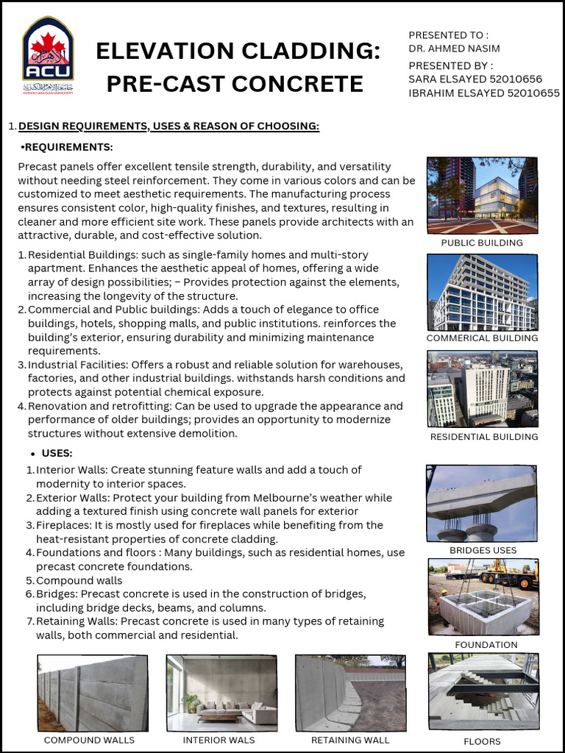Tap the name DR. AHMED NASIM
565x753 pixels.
pyautogui.click(x=454, y=49)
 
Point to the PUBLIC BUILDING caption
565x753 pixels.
pyautogui.click(x=482, y=243)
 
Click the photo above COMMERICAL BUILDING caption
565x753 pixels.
pyautogui.click(x=482, y=292)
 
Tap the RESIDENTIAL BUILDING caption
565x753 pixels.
pyautogui.click(x=484, y=437)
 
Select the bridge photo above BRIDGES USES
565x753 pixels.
pyautogui.click(x=482, y=503)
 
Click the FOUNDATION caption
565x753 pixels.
pyautogui.click(x=486, y=645)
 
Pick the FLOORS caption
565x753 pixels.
pyautogui.click(x=482, y=741)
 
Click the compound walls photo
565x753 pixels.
pyautogui.click(x=92, y=693)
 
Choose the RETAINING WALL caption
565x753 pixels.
pyautogui.click(x=350, y=740)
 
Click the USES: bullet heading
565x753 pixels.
pyautogui.click(x=57, y=453)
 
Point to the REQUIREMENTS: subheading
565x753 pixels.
pyautogui.click(x=68, y=147)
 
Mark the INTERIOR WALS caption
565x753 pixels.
pyautogui.click(x=219, y=740)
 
